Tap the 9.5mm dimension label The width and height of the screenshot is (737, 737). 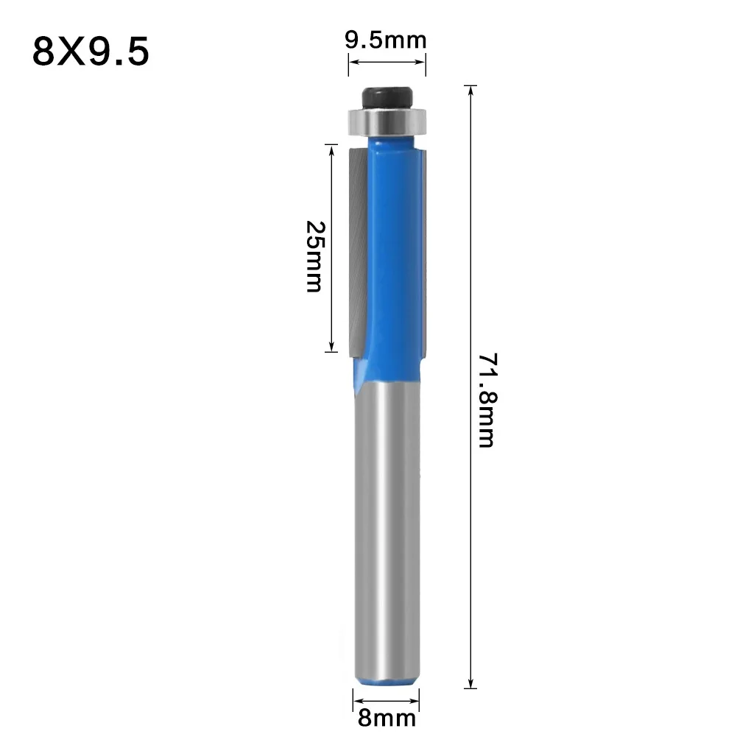coord(387,40)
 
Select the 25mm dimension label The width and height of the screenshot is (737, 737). coord(314,255)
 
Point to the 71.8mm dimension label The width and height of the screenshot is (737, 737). coord(487,401)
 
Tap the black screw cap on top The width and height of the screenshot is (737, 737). coord(386,96)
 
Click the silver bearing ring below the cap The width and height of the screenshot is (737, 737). coord(386,121)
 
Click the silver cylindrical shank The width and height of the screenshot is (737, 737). coord(385,530)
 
